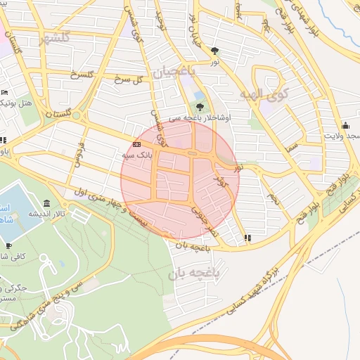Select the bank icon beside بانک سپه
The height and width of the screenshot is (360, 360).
point(136,144)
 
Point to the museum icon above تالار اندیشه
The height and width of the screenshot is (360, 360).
point(46,202)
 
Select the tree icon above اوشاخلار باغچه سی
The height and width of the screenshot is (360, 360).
point(201,107)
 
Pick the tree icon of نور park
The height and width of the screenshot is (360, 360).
point(214,51)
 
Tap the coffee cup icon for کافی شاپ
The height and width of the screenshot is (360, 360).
point(8,245)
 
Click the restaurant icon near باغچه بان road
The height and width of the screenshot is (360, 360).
point(247,238)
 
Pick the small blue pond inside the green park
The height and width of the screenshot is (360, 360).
point(199,95)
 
